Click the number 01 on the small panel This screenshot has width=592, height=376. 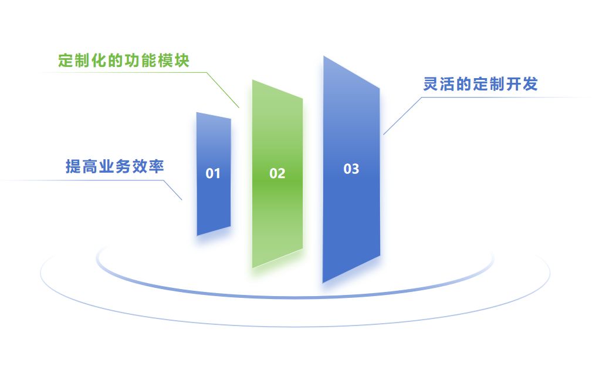pyautogui.click(x=213, y=173)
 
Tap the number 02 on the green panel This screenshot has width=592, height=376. pyautogui.click(x=277, y=173)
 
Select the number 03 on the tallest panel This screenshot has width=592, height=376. pyautogui.click(x=351, y=169)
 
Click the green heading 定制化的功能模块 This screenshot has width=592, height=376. pyautogui.click(x=124, y=61)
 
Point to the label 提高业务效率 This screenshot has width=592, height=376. pyautogui.click(x=114, y=167)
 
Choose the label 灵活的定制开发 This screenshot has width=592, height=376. pyautogui.click(x=480, y=85)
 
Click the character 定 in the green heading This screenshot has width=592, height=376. pyautogui.click(x=66, y=61)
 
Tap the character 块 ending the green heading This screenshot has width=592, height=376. pyautogui.click(x=182, y=61)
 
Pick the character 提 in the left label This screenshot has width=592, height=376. pyautogui.click(x=73, y=167)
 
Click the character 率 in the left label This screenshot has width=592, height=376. pyautogui.click(x=157, y=167)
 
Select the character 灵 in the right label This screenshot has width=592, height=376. pyautogui.click(x=431, y=85)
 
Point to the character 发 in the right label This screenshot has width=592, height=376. pyautogui.click(x=530, y=85)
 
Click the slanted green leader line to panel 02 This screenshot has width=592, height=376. pyautogui.click(x=224, y=90)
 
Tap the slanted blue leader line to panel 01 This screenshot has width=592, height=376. pyautogui.click(x=172, y=190)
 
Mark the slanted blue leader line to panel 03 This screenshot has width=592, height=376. pyautogui.click(x=402, y=116)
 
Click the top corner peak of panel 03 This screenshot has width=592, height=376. pyautogui.click(x=324, y=57)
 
